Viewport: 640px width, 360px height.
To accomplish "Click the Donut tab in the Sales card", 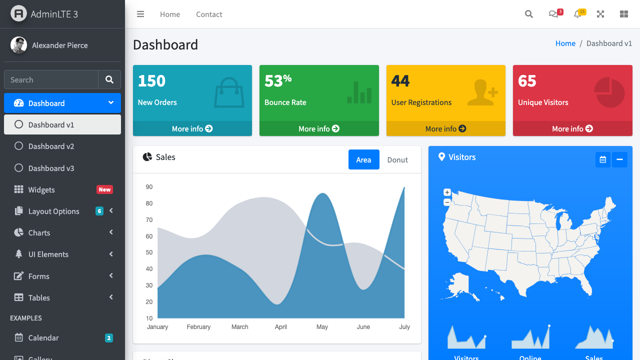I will pyautogui.click(x=397, y=160).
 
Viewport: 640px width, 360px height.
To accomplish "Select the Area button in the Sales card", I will pyautogui.click(x=363, y=160).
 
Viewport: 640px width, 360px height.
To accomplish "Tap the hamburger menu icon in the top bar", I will pyautogui.click(x=140, y=14).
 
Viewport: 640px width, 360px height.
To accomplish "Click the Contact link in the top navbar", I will pyautogui.click(x=209, y=14).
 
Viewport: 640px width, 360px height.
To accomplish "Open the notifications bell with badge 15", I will pyautogui.click(x=578, y=14).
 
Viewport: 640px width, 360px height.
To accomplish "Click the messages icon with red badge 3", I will pyautogui.click(x=553, y=14).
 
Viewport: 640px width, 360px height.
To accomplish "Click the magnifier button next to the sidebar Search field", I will pyautogui.click(x=109, y=79).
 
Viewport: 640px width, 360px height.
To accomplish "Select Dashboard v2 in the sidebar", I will pyautogui.click(x=51, y=146).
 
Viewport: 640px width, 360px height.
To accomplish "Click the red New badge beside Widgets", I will pyautogui.click(x=104, y=189).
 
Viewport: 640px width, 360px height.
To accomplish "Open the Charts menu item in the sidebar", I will pyautogui.click(x=39, y=233).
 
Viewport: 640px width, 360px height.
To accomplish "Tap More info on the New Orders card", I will pyautogui.click(x=192, y=128).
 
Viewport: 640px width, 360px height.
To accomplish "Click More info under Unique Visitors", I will pyautogui.click(x=572, y=128).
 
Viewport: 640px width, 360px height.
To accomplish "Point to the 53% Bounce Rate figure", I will pyautogui.click(x=277, y=80).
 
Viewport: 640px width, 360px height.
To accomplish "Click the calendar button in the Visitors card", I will pyautogui.click(x=603, y=159).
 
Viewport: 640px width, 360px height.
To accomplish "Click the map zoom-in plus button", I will pyautogui.click(x=447, y=192).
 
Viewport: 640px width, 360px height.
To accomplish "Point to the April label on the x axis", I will pyautogui.click(x=281, y=327).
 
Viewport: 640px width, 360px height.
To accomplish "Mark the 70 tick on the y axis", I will pyautogui.click(x=149, y=220).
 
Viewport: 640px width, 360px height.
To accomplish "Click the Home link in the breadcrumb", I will pyautogui.click(x=565, y=43).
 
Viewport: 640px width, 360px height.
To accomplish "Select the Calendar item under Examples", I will pyautogui.click(x=43, y=338).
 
